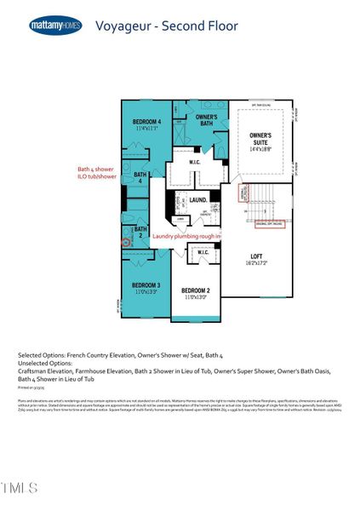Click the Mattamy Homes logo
coord(55,26)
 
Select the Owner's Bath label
coord(206,119)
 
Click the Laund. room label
coord(199,200)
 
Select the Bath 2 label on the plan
coord(140,231)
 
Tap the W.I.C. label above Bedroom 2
coord(204,252)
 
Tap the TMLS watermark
coord(20,488)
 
